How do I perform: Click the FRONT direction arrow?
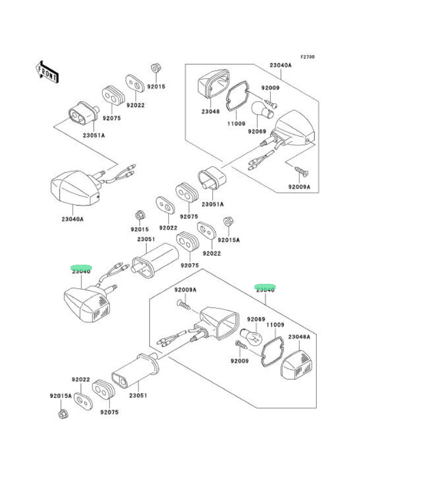pos(48,72)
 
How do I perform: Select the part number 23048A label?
pos(299,337)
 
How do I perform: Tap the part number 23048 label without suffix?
pos(210,112)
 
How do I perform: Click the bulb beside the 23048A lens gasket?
pos(253,338)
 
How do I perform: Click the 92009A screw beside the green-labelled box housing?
pos(183,304)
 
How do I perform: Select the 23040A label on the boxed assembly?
pos(280,65)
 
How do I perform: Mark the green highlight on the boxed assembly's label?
pos(265,287)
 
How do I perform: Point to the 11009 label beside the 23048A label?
pos(275,325)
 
